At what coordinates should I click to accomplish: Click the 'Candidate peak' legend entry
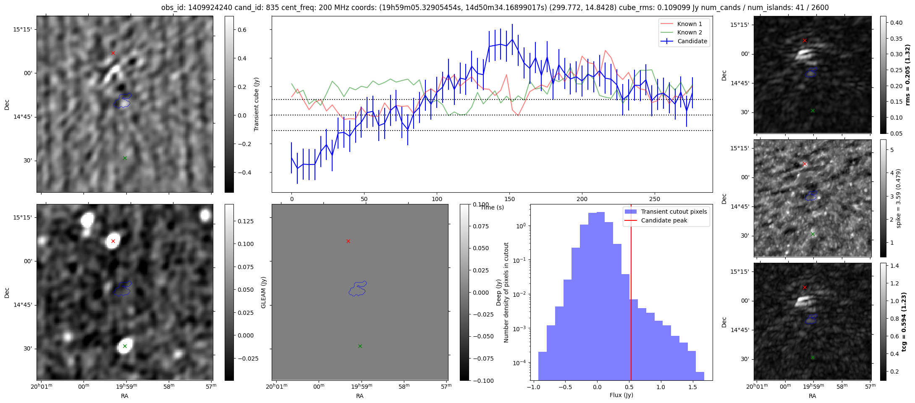(664, 220)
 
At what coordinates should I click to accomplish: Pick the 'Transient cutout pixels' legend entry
(674, 212)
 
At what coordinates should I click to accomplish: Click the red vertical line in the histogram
(631, 294)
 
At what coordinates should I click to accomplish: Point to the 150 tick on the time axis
(509, 199)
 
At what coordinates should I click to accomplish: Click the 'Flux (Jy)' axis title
(621, 395)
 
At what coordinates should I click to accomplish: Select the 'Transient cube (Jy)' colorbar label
(257, 104)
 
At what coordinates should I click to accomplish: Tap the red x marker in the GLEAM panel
(348, 241)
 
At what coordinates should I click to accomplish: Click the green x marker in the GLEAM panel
(360, 346)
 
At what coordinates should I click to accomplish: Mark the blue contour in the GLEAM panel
(357, 289)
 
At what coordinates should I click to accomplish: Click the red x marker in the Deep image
(113, 241)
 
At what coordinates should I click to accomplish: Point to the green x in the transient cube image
(125, 158)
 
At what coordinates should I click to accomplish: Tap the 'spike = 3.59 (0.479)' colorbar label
(898, 198)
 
